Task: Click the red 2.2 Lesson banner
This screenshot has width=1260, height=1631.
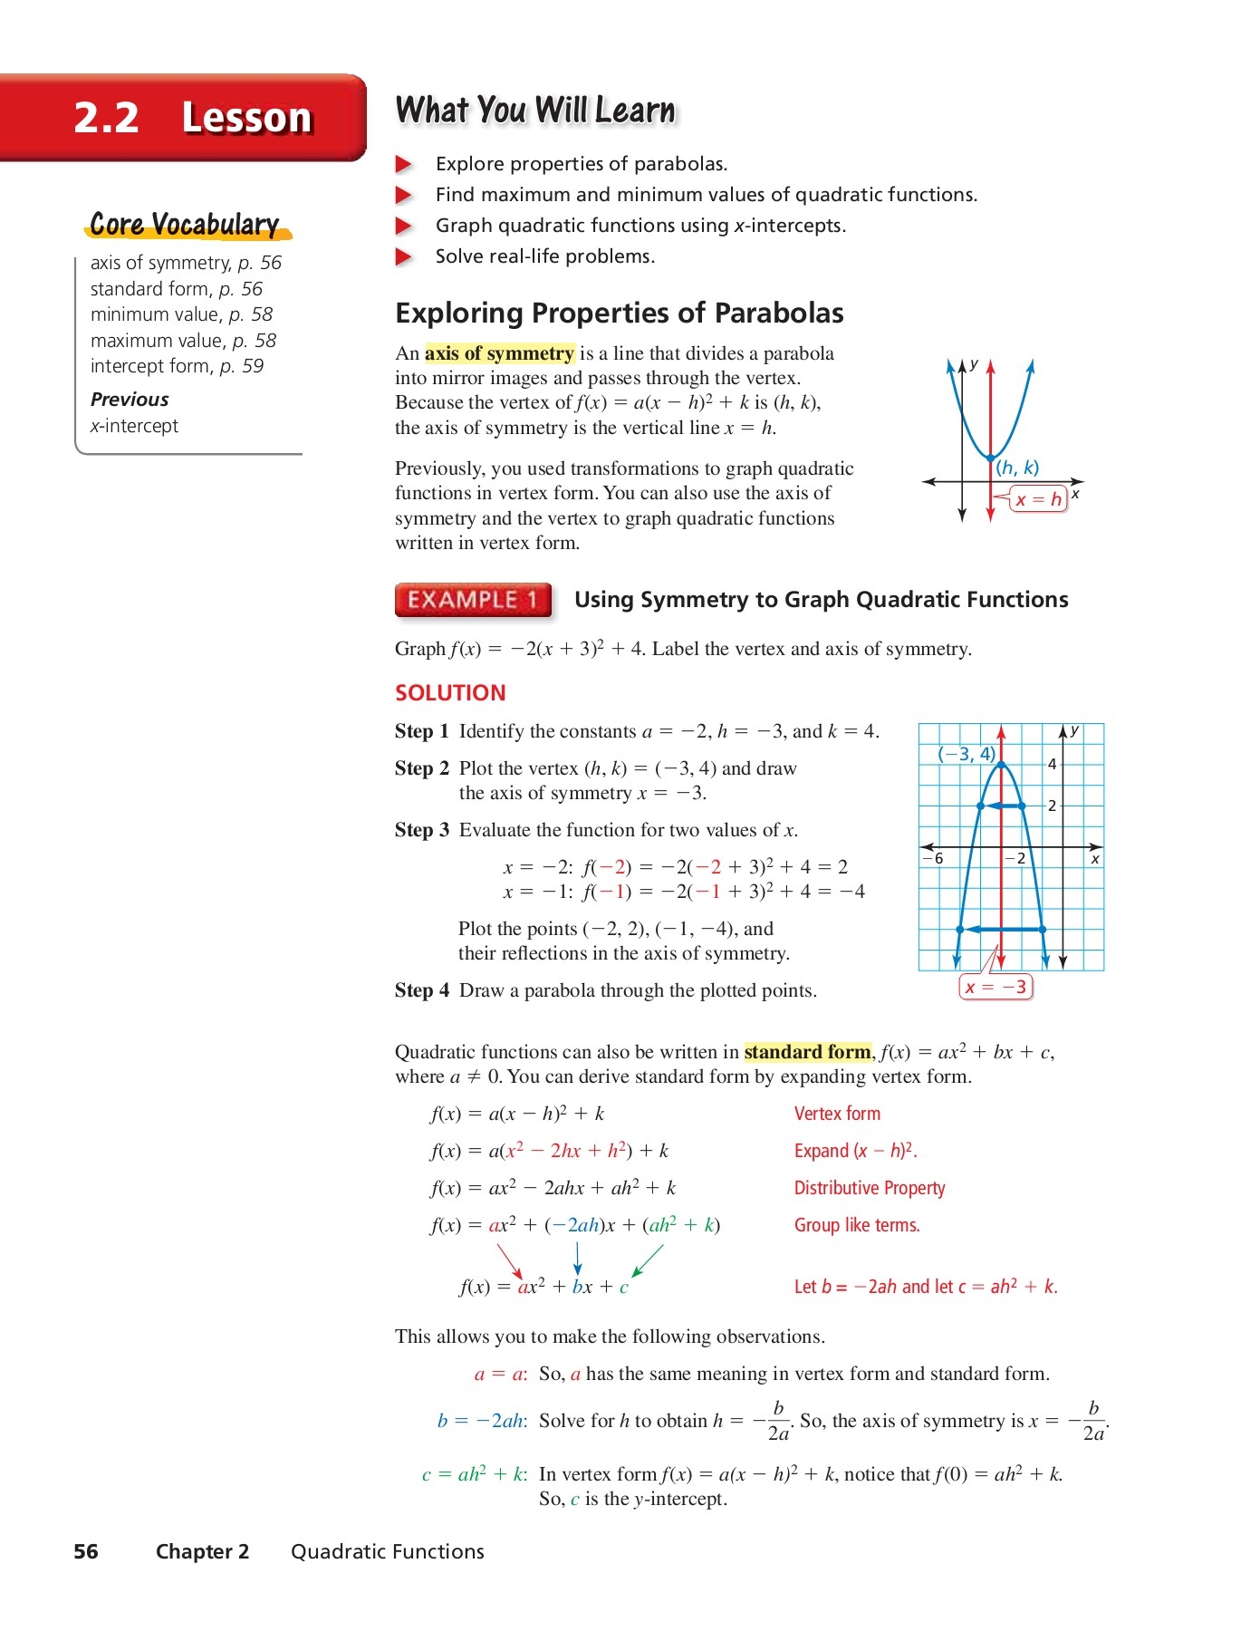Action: pos(181,118)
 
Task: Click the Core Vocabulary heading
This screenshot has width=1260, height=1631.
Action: pos(185,225)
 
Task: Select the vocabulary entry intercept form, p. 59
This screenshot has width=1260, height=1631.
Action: pos(177,366)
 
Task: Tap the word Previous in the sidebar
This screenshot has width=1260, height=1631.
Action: pos(130,400)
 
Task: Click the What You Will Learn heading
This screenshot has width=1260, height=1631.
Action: pos(535,111)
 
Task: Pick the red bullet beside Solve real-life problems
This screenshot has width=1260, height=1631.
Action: pos(404,257)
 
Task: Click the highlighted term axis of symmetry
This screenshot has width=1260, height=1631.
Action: pos(499,353)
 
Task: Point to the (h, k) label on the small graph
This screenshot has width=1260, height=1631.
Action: pos(1017,468)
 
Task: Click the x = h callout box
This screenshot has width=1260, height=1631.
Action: pos(1038,499)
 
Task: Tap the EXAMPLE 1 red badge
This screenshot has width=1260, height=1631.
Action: pos(473,600)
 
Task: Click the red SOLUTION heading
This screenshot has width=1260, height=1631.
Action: pos(450,693)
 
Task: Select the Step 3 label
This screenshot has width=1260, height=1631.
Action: pos(421,830)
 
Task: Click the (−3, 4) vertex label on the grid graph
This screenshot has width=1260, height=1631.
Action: pos(966,754)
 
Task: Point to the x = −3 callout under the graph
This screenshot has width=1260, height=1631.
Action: pos(995,987)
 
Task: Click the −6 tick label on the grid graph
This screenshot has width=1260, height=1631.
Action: pos(933,858)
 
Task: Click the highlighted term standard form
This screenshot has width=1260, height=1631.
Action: pos(807,1052)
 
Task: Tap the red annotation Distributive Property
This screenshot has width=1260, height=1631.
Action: pos(869,1188)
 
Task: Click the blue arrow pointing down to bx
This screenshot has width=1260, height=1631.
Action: pos(577,1259)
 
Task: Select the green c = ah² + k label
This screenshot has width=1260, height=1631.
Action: pos(474,1474)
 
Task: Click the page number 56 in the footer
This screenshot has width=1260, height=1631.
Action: pos(86,1551)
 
